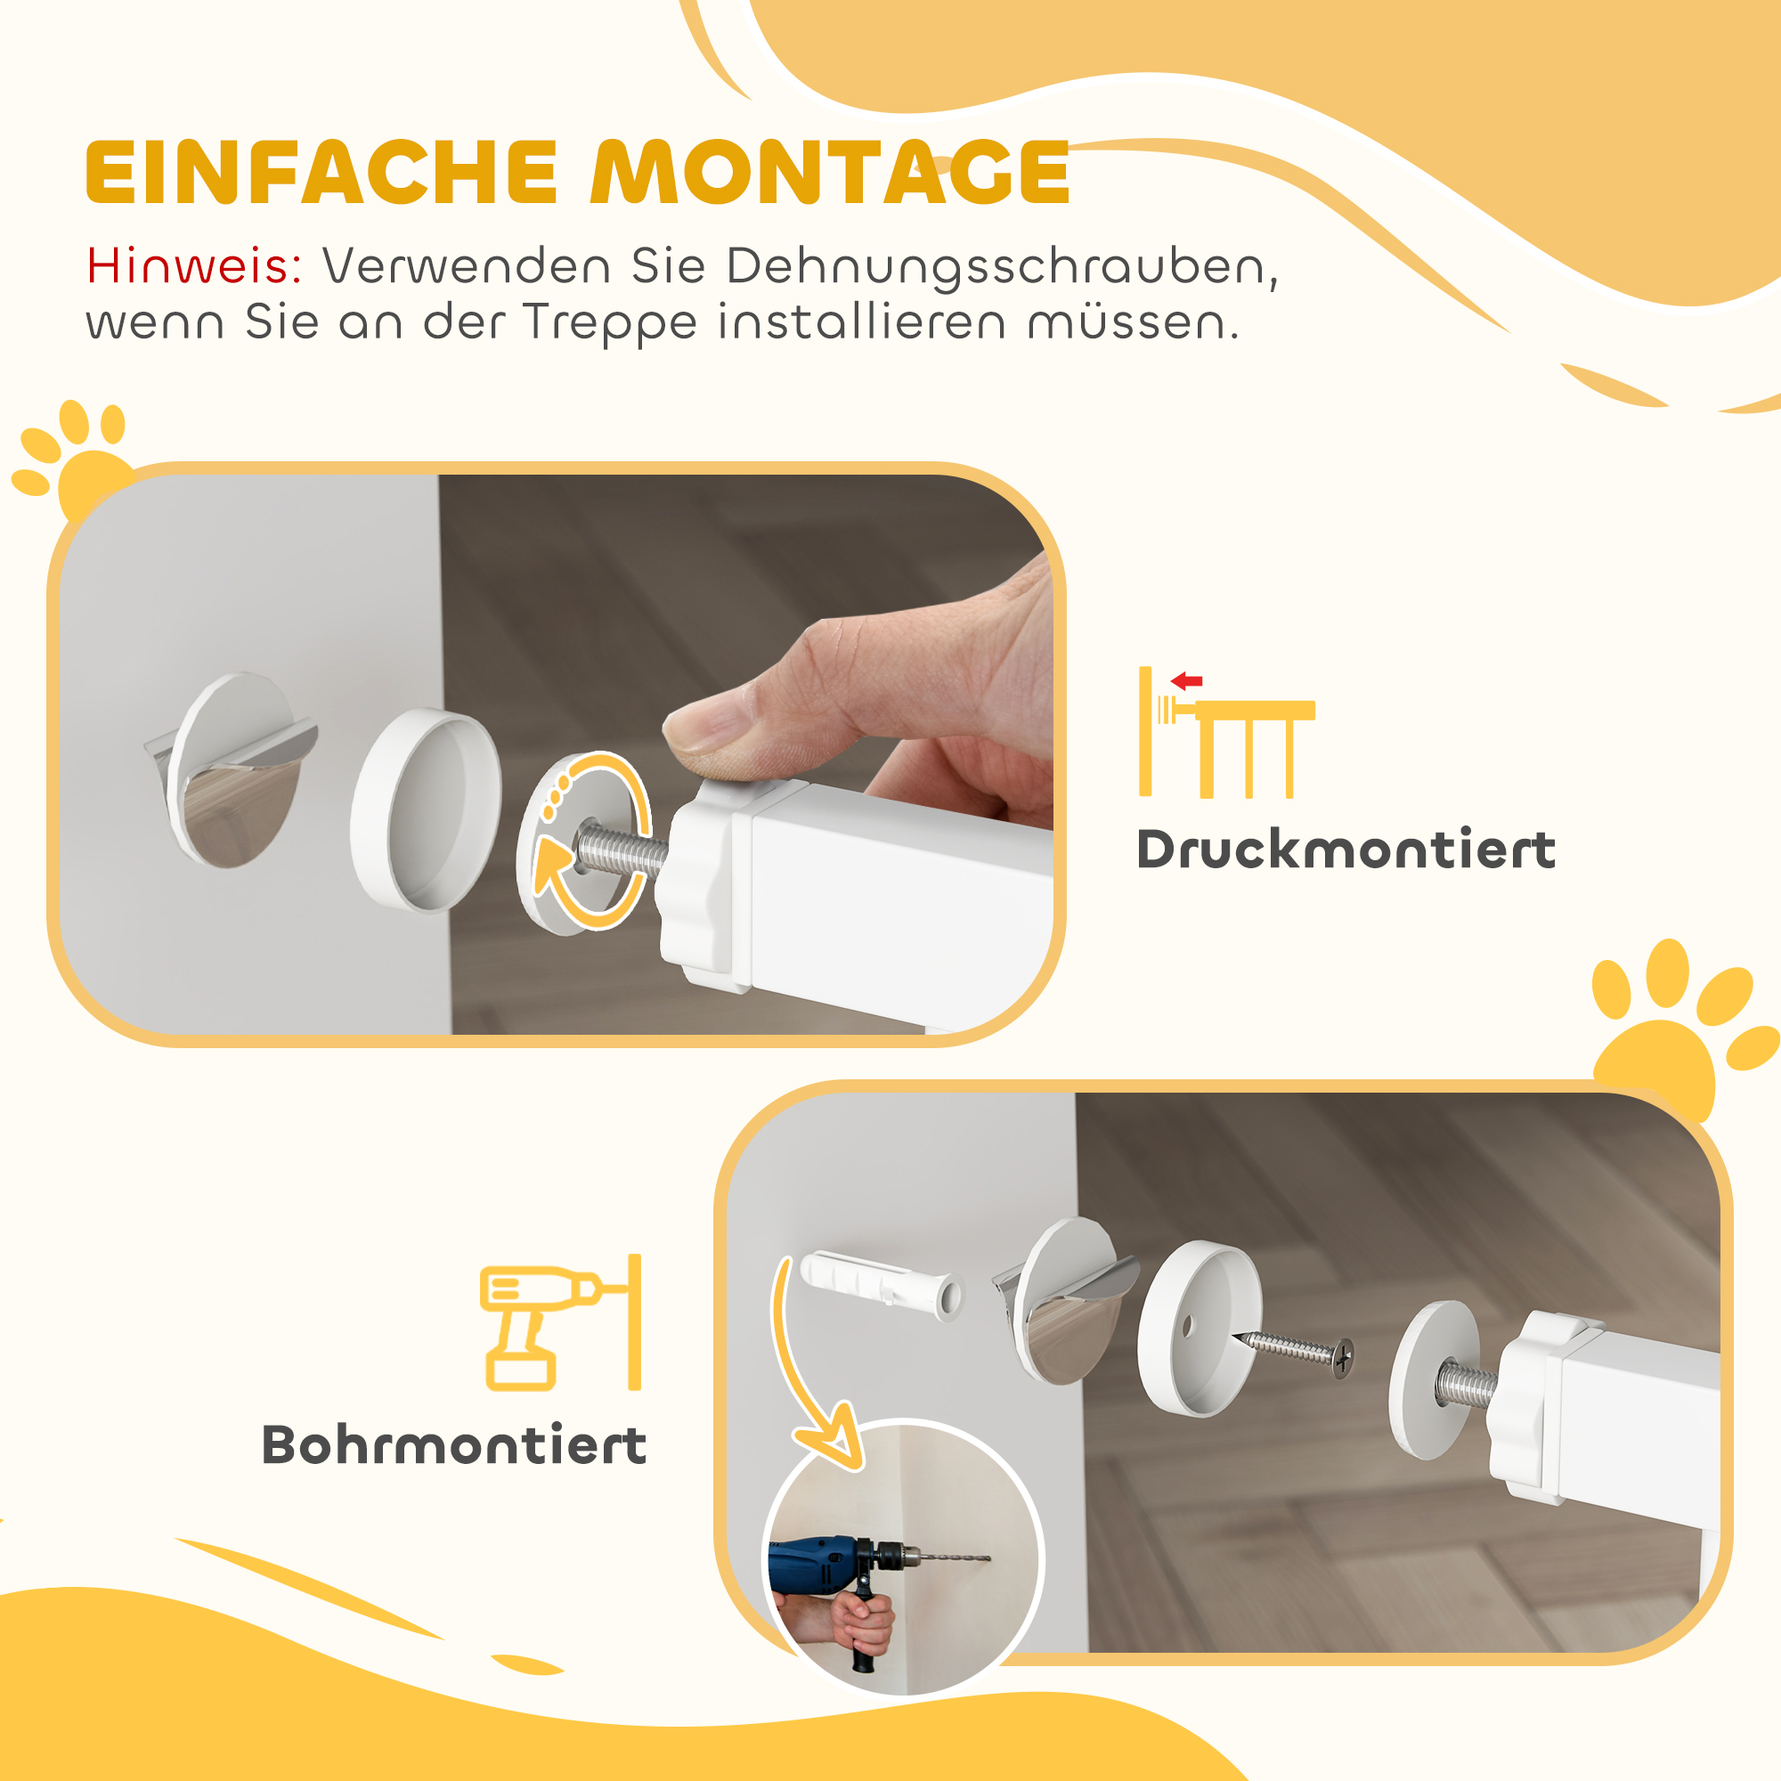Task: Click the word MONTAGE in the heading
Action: [x=830, y=174]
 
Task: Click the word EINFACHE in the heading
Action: [x=321, y=174]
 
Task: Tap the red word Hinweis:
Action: [x=194, y=267]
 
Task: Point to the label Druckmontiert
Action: [x=1346, y=850]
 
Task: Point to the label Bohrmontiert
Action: [x=453, y=1445]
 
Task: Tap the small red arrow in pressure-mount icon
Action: [x=1186, y=682]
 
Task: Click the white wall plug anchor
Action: [x=881, y=1285]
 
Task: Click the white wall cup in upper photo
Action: [x=426, y=809]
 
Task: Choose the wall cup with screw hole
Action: [x=1199, y=1328]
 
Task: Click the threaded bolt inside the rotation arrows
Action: [x=618, y=850]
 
